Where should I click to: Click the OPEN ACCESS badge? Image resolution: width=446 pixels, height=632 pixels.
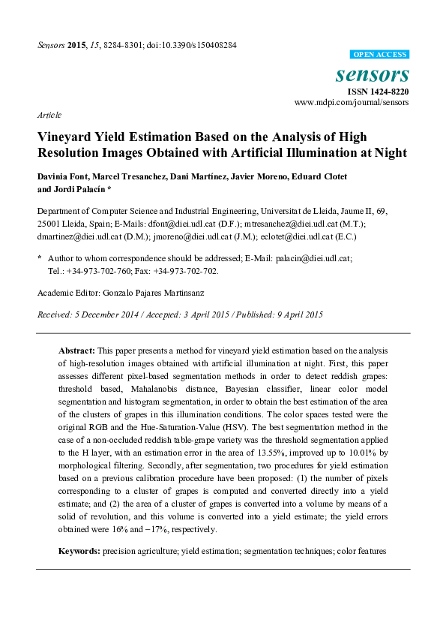click(x=380, y=55)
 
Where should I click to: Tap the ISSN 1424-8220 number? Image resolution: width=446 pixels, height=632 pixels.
click(x=377, y=91)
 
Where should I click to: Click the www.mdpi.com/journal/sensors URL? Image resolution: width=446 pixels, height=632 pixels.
click(x=352, y=102)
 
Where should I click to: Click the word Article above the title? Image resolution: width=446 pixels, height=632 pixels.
click(x=49, y=115)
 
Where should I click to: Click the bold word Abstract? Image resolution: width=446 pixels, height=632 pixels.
click(x=76, y=350)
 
